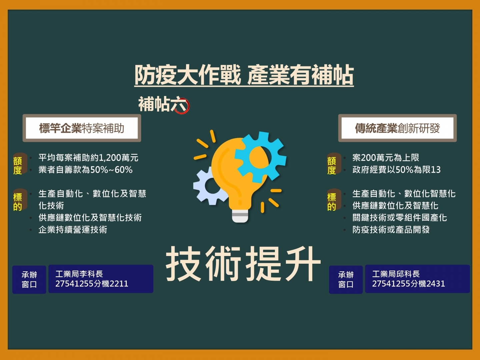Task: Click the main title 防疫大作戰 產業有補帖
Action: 244,75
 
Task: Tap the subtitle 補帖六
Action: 164,104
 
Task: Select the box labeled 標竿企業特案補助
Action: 82,128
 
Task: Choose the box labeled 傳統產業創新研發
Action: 397,128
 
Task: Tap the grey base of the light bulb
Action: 240,216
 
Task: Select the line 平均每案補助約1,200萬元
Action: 88,158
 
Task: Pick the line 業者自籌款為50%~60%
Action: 86,170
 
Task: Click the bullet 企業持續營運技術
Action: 73,230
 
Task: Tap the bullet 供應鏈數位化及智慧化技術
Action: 90,217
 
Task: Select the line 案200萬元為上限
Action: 386,158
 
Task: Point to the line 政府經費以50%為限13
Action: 396,170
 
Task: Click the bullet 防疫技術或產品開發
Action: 391,230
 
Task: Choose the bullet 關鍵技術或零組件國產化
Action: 400,217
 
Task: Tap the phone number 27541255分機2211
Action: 92,284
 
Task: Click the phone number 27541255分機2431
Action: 408,284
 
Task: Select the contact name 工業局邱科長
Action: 396,274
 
